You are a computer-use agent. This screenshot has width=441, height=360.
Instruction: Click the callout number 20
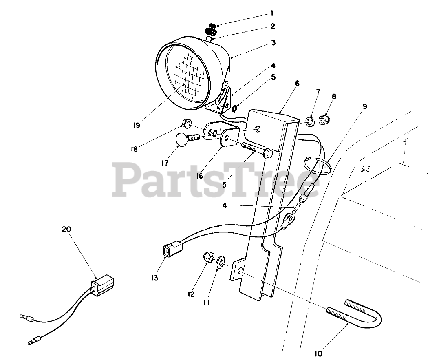(66, 230)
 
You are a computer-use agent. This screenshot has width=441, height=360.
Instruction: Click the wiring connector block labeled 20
(102, 282)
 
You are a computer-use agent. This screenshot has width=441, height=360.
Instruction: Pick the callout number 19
(136, 125)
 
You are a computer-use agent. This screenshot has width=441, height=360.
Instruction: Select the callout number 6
(297, 83)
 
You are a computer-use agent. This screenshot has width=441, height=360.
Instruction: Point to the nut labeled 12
(208, 257)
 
